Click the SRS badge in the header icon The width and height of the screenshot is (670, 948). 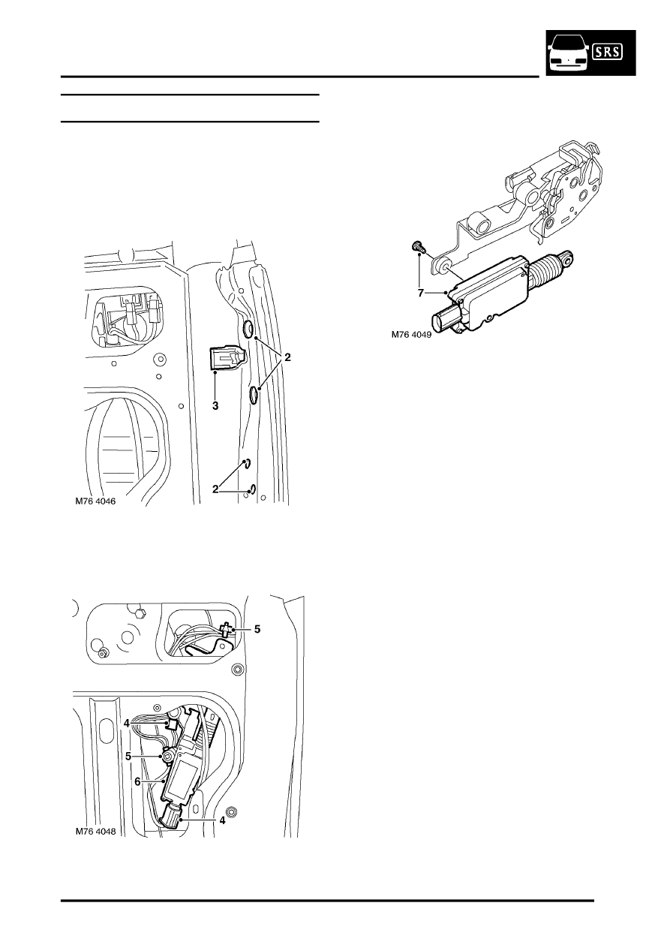tap(608, 52)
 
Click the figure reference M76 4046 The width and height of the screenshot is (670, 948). tap(95, 501)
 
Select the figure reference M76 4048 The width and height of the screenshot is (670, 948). tap(95, 831)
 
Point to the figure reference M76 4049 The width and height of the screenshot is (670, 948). tap(411, 335)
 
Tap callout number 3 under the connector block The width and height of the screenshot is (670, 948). tap(215, 406)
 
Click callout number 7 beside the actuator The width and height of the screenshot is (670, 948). tap(420, 293)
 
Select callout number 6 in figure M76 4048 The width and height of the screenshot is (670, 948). tap(137, 781)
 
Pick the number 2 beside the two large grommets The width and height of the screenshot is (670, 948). tap(287, 357)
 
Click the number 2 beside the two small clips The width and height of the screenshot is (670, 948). tap(215, 489)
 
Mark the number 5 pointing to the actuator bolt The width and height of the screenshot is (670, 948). tap(128, 757)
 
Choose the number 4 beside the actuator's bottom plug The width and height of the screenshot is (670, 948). tap(222, 820)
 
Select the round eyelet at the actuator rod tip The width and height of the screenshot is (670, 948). tap(566, 257)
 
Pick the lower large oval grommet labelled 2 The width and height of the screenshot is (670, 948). tap(254, 395)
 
